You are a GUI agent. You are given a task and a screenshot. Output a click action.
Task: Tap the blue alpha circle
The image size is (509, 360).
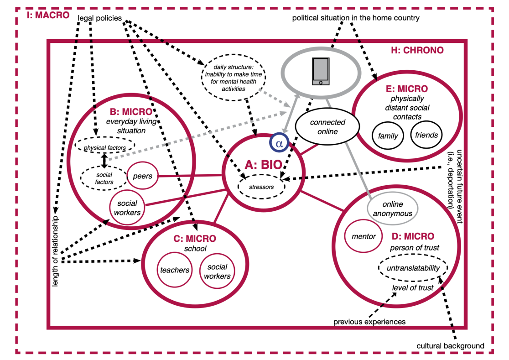coord(280,143)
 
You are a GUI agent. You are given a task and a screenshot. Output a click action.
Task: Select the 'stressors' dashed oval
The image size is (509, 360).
coord(263,186)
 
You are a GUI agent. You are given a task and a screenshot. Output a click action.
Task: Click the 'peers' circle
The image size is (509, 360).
coord(142,176)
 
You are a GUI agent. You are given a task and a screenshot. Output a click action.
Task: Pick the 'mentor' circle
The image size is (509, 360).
coord(364,236)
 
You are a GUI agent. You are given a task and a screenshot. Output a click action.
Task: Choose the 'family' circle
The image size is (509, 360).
coord(388,135)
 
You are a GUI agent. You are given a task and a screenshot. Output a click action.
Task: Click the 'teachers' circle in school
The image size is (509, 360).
coord(174,270)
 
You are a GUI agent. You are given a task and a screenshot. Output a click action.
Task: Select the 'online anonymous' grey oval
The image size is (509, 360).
coord(390,209)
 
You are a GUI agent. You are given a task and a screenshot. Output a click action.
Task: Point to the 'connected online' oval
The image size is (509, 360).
coord(327,127)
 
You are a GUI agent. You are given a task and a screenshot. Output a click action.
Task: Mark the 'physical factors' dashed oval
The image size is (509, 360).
coord(104,146)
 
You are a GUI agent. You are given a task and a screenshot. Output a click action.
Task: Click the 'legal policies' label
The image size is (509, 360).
coord(99,18)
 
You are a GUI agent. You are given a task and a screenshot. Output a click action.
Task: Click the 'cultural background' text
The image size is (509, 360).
coord(450,346)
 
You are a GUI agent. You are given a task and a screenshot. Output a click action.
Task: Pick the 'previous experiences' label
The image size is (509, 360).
coord(369,322)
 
